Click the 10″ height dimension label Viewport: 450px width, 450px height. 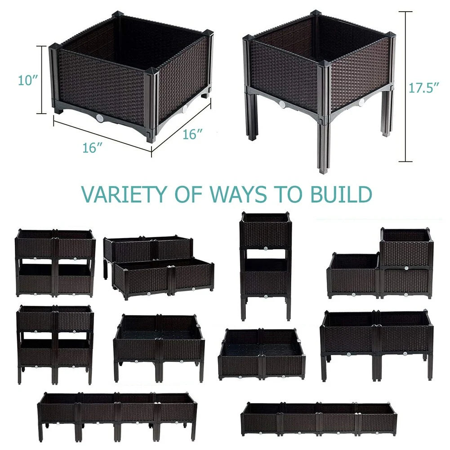(x=28, y=80)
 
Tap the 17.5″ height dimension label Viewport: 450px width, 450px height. (x=424, y=88)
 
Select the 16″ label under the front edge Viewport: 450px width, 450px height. (x=93, y=148)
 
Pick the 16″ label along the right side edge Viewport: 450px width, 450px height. (x=192, y=134)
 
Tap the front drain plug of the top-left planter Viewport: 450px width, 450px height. (x=100, y=118)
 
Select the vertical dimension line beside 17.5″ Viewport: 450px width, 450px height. (x=405, y=87)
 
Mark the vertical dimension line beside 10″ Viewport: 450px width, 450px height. (x=42, y=80)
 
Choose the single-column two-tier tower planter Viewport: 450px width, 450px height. (x=265, y=266)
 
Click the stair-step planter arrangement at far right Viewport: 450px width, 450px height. (x=380, y=263)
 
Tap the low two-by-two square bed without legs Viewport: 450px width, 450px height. (x=262, y=354)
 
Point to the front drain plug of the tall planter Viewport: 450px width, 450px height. (x=282, y=104)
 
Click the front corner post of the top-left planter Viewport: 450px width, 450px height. (x=151, y=104)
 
